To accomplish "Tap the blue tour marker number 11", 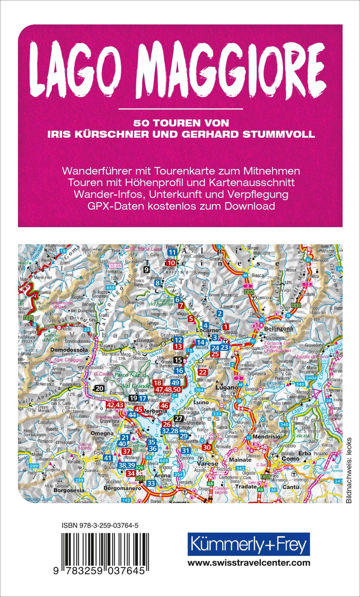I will tap(172, 252).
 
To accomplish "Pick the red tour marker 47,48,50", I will tap(168, 389).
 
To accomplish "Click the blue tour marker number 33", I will tap(151, 483).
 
